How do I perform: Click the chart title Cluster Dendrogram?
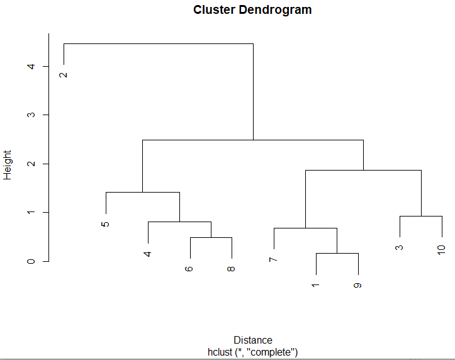(252, 10)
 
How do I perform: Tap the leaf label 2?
(64, 75)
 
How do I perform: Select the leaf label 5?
(105, 224)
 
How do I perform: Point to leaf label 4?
(147, 254)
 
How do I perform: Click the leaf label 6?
(189, 269)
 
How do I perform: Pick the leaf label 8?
(231, 269)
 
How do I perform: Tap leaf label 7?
(273, 259)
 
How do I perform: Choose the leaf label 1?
(315, 286)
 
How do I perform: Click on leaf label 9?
(357, 286)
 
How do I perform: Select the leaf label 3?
(399, 247)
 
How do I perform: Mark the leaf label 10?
(441, 250)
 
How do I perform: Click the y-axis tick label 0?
(31, 261)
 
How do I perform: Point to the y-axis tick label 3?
(31, 115)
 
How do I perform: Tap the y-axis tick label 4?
(31, 67)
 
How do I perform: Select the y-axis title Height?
(8, 165)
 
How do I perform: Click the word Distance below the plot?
(253, 340)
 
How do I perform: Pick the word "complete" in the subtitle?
(271, 352)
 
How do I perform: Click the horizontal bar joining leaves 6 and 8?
(211, 237)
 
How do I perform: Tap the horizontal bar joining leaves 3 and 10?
(421, 216)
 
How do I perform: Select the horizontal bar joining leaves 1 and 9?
(337, 253)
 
